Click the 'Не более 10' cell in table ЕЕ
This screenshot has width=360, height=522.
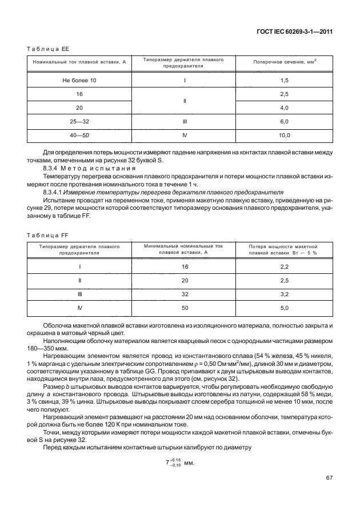79,81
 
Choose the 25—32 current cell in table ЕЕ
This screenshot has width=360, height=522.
79,122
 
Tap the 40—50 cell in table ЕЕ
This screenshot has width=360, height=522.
79,136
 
